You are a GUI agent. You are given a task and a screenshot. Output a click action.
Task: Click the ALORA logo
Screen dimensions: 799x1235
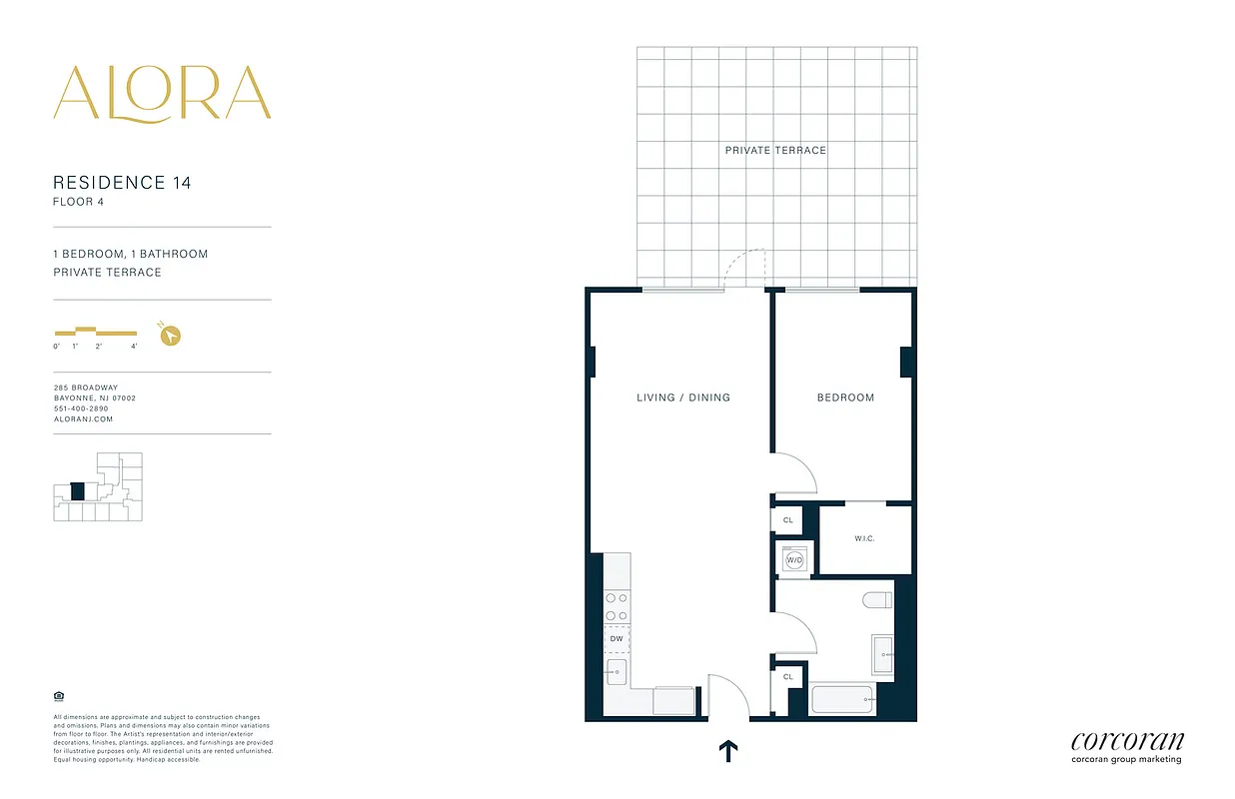[162, 94]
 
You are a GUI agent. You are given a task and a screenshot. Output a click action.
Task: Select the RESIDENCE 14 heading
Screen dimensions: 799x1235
[122, 183]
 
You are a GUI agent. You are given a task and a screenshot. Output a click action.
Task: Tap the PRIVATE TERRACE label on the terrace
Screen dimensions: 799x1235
[775, 150]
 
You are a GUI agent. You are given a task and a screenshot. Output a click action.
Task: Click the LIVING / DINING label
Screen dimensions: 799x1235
[683, 398]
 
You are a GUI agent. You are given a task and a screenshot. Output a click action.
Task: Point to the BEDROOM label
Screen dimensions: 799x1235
[845, 398]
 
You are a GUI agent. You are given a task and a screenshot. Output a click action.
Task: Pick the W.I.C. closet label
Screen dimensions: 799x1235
[864, 539]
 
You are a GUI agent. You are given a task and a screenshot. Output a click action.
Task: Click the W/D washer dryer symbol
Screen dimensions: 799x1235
[795, 560]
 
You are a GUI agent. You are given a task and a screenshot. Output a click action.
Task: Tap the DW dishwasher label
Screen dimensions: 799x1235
[617, 638]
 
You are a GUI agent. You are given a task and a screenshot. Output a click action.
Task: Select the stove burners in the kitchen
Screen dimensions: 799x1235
[617, 607]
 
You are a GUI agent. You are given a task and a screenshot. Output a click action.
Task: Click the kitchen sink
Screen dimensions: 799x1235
[617, 671]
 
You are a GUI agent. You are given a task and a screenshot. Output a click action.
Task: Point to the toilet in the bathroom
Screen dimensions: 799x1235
[876, 600]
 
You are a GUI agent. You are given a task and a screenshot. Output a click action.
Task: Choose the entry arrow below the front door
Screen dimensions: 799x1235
[728, 751]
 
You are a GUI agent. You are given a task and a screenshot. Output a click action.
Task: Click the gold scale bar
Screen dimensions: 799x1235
[95, 331]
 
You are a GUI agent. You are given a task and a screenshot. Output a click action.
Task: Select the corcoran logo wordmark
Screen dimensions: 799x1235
[1126, 741]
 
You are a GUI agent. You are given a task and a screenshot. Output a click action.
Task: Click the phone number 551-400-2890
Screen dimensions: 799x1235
[81, 408]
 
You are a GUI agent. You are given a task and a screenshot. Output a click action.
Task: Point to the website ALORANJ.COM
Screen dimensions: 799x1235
[83, 419]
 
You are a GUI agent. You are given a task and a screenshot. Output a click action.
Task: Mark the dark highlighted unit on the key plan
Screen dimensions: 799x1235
[78, 491]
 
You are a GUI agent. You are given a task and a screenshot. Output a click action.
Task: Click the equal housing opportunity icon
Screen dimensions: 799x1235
[57, 697]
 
